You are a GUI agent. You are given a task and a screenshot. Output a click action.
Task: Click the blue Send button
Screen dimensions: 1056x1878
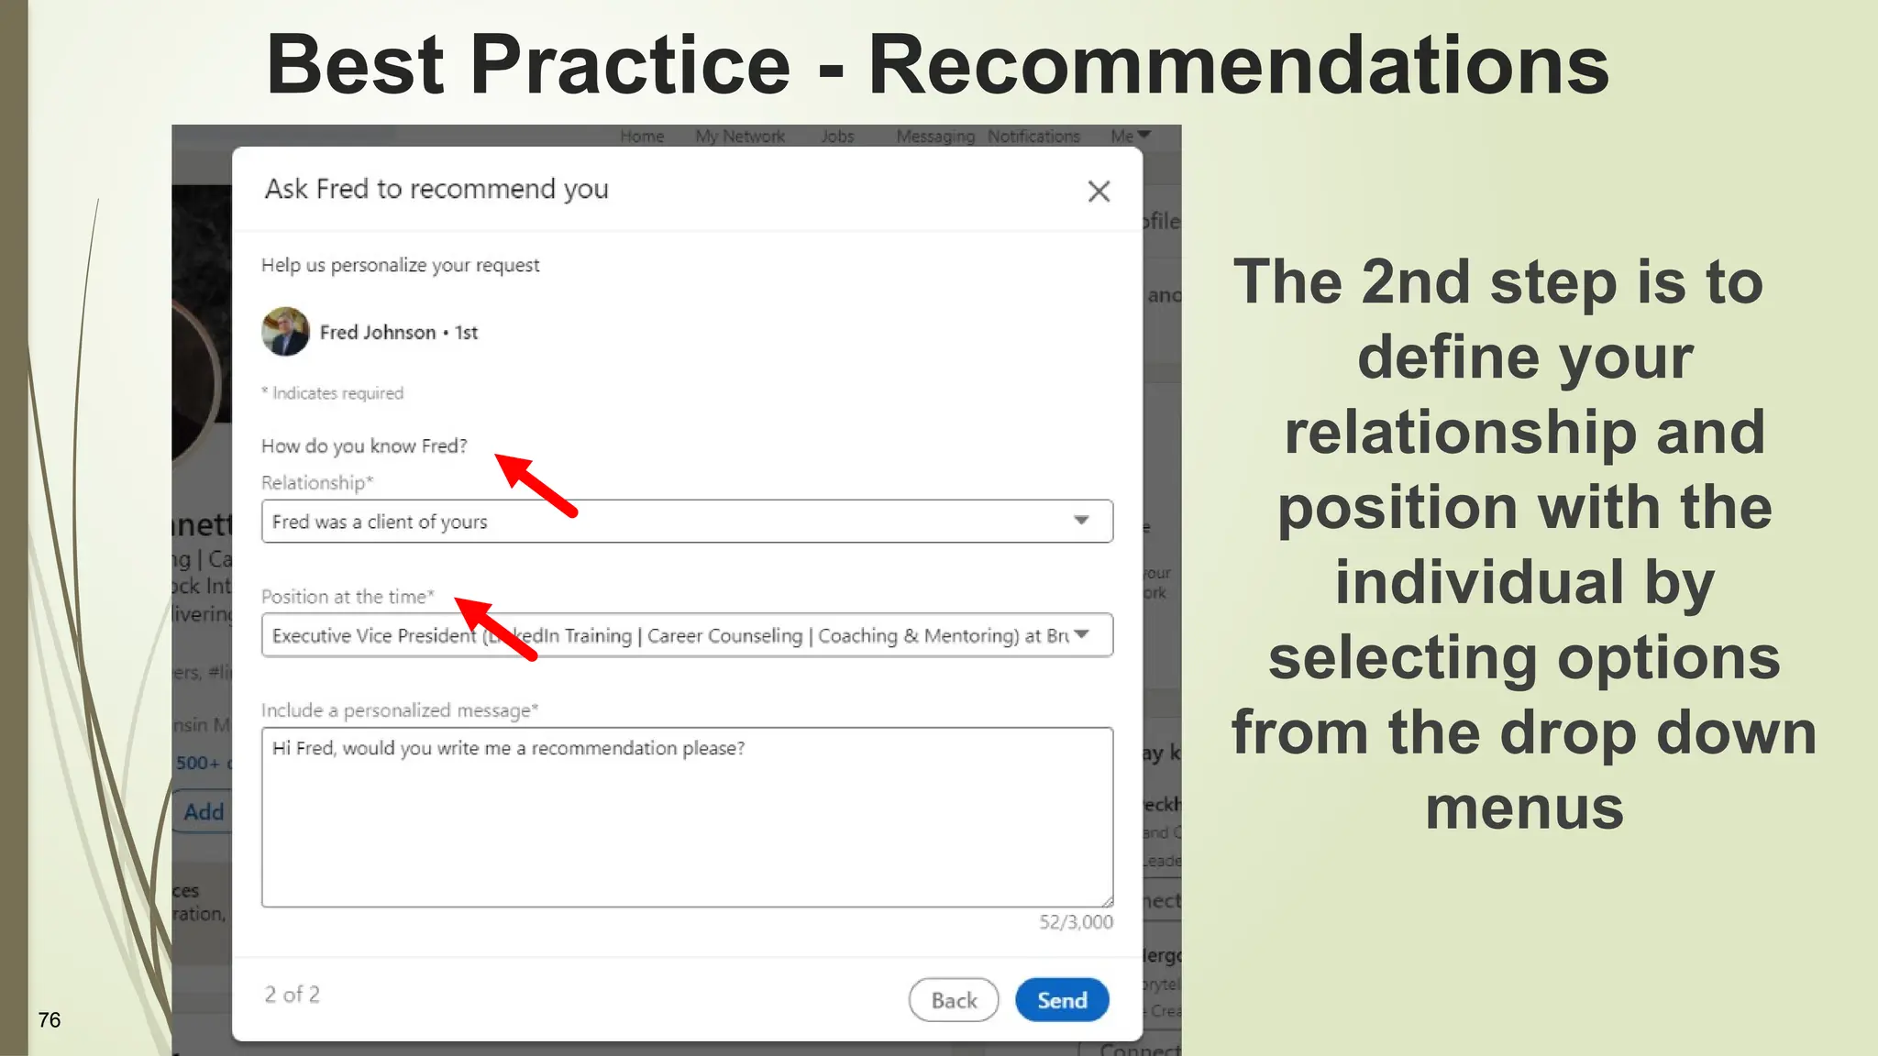(1062, 1000)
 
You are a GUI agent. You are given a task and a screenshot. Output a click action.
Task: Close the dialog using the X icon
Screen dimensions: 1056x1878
(1099, 192)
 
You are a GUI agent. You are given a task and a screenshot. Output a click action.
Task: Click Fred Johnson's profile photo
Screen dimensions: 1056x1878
(285, 332)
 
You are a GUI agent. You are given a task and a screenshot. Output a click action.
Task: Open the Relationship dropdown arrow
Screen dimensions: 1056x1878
(1082, 521)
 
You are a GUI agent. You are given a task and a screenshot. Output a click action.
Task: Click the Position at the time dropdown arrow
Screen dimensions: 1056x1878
(1082, 634)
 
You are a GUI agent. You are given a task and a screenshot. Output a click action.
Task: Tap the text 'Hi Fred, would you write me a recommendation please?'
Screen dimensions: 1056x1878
(508, 748)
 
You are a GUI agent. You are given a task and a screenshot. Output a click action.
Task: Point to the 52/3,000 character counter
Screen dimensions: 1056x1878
(1076, 922)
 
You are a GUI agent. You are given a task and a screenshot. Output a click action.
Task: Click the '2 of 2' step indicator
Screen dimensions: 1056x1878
(292, 995)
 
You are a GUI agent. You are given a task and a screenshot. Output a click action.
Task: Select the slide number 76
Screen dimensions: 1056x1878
(50, 1020)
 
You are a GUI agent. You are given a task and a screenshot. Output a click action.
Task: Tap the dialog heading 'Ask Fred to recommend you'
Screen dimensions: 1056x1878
(436, 189)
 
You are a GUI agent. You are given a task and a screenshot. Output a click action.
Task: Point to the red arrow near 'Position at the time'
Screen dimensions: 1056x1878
(495, 628)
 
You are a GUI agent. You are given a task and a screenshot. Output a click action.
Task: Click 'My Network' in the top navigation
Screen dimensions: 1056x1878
(740, 137)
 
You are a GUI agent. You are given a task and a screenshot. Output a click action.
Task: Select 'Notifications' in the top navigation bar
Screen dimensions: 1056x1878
(1033, 137)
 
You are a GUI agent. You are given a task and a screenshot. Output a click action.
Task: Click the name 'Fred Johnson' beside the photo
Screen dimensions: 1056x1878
(377, 333)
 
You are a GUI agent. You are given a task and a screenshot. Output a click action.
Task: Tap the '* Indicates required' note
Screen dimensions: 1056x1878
(332, 393)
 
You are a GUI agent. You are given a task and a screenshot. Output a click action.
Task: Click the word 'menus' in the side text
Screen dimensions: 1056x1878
(1524, 808)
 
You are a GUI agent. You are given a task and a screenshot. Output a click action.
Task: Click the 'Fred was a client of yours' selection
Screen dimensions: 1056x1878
(380, 522)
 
